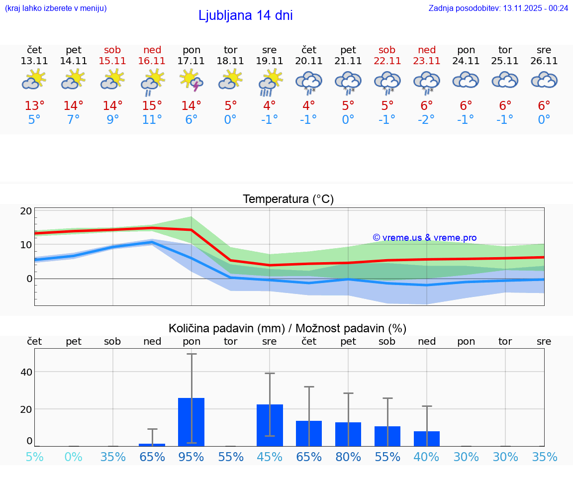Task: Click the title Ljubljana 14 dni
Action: click(245, 15)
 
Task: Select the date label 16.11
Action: click(152, 61)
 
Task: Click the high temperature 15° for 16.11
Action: click(152, 105)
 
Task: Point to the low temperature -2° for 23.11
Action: click(426, 119)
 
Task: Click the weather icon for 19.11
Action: click(270, 81)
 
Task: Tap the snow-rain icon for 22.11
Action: click(387, 82)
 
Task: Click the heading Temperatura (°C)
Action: click(288, 199)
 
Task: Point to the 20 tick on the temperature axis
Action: click(26, 211)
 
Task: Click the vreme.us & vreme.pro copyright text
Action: click(424, 238)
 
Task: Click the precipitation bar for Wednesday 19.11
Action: click(270, 425)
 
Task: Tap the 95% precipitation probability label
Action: click(191, 457)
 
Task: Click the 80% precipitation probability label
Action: click(348, 457)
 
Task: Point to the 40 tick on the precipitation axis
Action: click(26, 372)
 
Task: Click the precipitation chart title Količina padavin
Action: click(287, 328)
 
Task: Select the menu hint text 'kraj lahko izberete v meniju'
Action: click(56, 8)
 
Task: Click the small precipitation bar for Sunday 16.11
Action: click(152, 444)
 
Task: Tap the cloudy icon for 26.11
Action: click(544, 80)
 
